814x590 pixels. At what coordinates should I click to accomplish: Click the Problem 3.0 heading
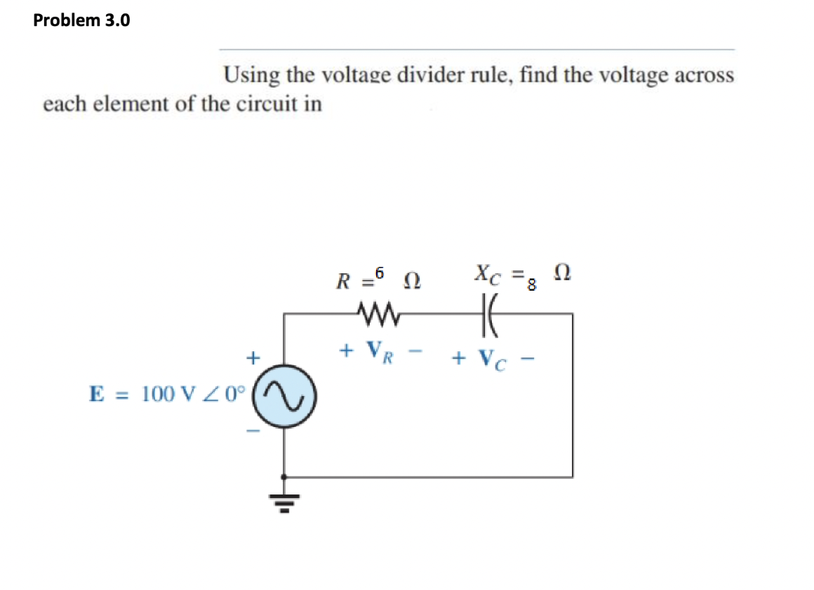point(81,20)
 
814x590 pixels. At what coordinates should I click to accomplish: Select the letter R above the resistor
point(342,283)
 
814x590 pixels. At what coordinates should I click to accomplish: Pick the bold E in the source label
point(95,393)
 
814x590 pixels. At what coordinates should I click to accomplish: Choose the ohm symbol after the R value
point(411,283)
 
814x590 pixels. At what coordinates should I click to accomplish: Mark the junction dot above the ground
point(283,476)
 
